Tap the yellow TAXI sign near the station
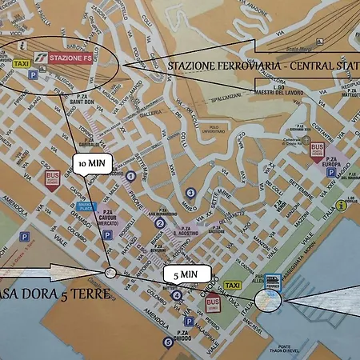23,62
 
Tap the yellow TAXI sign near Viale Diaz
234,286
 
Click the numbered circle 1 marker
130,175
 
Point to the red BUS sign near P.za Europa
317,150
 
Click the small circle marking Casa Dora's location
110,273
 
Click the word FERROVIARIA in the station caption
231,65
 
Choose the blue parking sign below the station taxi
33,74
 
